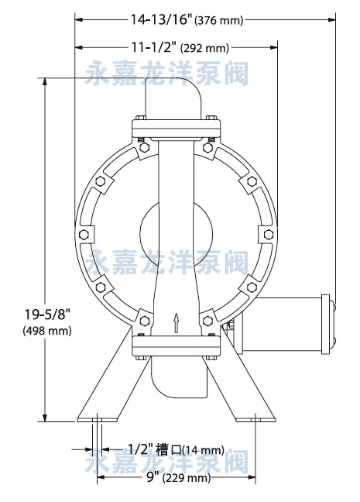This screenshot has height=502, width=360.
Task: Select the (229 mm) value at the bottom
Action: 187,479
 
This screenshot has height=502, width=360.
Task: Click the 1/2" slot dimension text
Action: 140,449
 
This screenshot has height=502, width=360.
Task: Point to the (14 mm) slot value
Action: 203,450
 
